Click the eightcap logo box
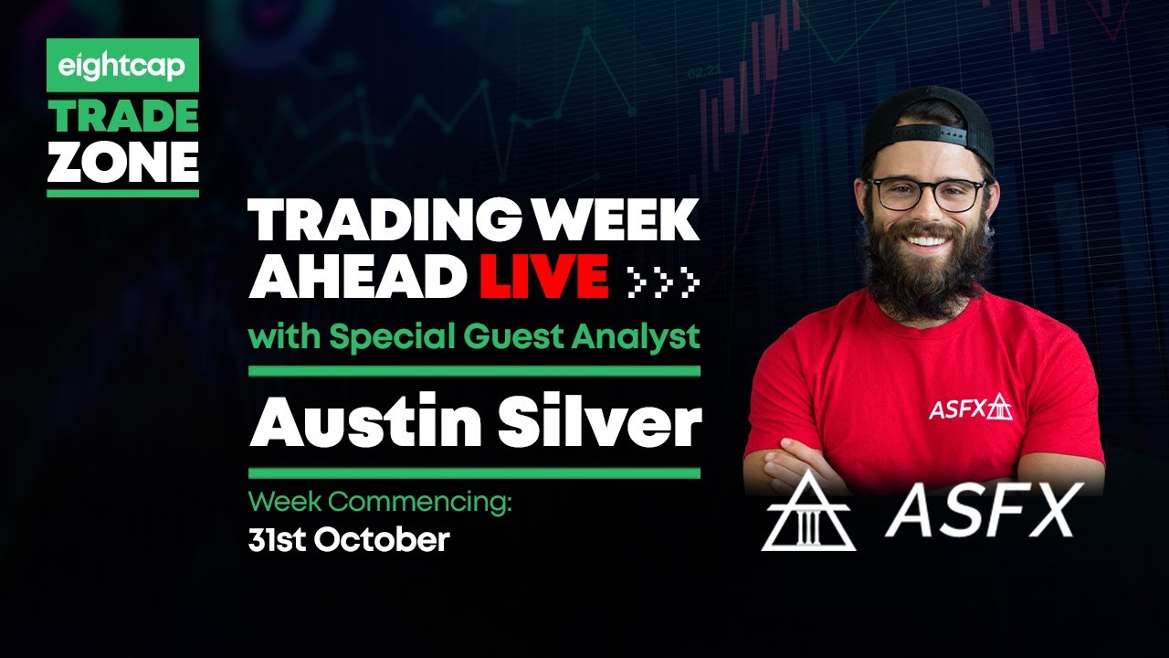122,66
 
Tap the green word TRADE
122,116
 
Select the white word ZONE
122,164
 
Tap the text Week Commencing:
381,502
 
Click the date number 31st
278,540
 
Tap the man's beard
927,270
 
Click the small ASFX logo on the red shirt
970,408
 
